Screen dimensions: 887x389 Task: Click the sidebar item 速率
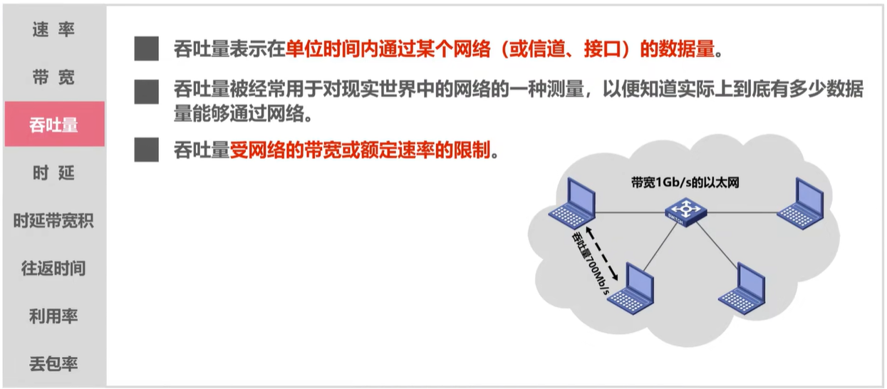click(x=53, y=30)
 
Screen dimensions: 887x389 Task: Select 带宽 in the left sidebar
click(x=53, y=78)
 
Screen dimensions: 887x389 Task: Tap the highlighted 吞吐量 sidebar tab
click(x=54, y=125)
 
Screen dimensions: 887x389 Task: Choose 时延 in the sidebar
click(x=53, y=173)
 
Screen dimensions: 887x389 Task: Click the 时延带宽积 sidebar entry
click(x=53, y=221)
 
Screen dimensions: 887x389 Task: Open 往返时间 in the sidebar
click(x=53, y=269)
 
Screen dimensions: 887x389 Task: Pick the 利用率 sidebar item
click(x=53, y=316)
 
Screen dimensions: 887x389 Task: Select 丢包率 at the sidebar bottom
click(x=53, y=364)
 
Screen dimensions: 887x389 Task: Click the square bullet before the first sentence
click(x=147, y=49)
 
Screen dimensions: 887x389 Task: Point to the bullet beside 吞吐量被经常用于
click(x=147, y=91)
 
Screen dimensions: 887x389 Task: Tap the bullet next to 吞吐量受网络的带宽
click(x=147, y=150)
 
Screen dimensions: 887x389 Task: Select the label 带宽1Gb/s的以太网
click(x=685, y=182)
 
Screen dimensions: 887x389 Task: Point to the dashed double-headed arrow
click(x=601, y=252)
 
